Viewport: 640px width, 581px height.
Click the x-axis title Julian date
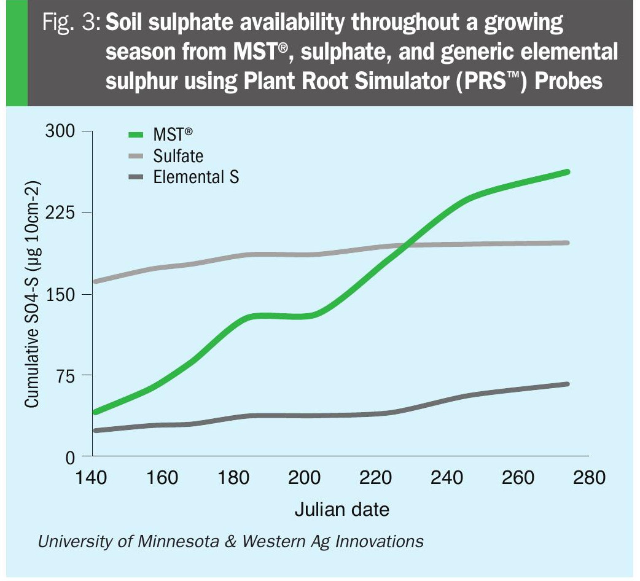pyautogui.click(x=341, y=510)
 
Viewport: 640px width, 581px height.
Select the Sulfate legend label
pyautogui.click(x=178, y=156)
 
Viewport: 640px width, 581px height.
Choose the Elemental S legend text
pyautogui.click(x=196, y=177)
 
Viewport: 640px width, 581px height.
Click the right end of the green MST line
pyautogui.click(x=568, y=172)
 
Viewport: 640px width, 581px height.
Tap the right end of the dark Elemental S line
pyautogui.click(x=568, y=384)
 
